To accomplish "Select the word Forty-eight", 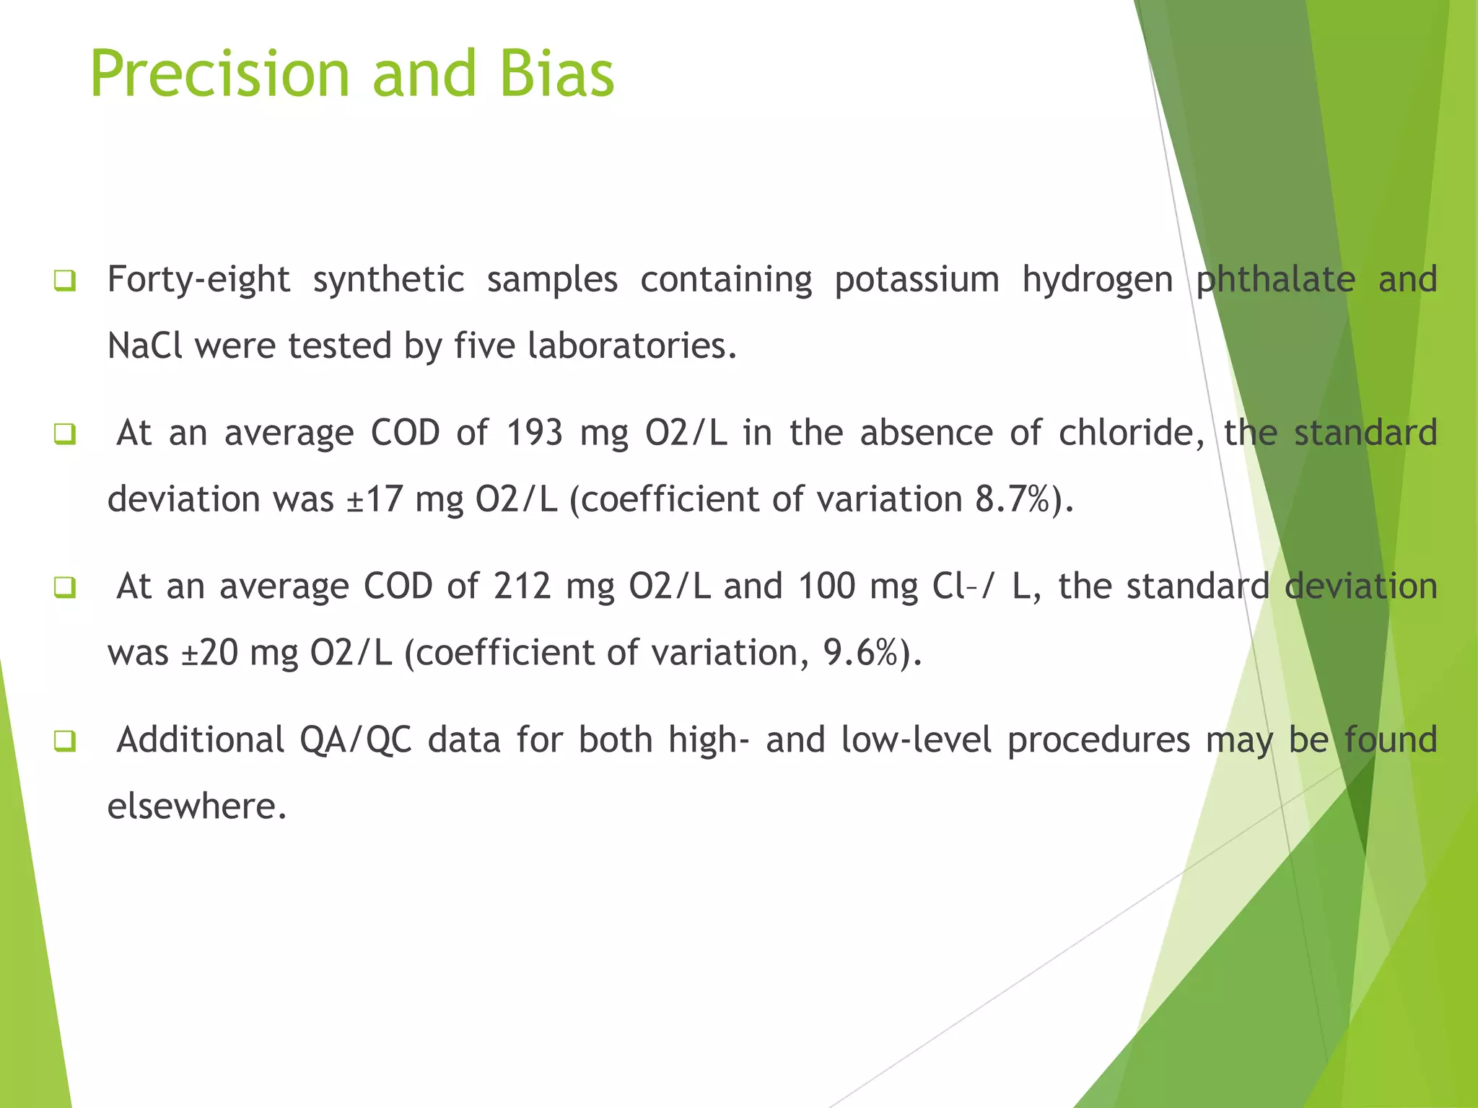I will pyautogui.click(x=198, y=279).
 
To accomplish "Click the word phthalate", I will pyautogui.click(x=1275, y=279).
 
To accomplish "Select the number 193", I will pyautogui.click(x=534, y=433).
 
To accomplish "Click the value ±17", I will pyautogui.click(x=375, y=499).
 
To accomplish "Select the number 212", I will pyautogui.click(x=522, y=586).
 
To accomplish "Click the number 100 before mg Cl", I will pyautogui.click(x=826, y=586).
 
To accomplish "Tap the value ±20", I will pyautogui.click(x=209, y=653).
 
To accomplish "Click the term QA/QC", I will pyautogui.click(x=356, y=740).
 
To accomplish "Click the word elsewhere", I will pyautogui.click(x=197, y=806).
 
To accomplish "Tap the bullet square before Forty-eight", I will pyautogui.click(x=64, y=281).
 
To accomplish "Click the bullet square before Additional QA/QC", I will pyautogui.click(x=64, y=741).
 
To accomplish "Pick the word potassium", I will pyautogui.click(x=917, y=279).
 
